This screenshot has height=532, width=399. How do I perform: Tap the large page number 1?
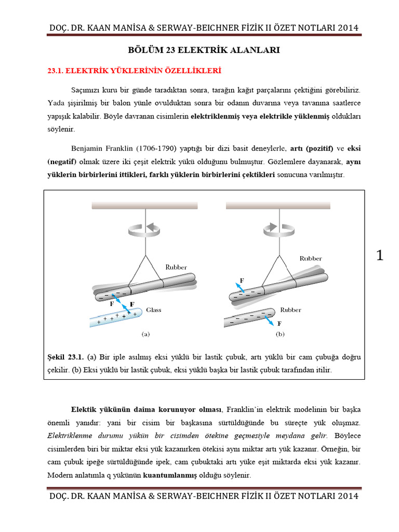click(x=380, y=256)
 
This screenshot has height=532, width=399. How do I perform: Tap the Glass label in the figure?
click(x=153, y=310)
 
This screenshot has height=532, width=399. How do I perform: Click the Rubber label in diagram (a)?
click(x=176, y=267)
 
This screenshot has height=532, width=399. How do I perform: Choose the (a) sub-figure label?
click(x=146, y=335)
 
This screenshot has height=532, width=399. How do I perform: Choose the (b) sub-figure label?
click(x=281, y=335)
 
